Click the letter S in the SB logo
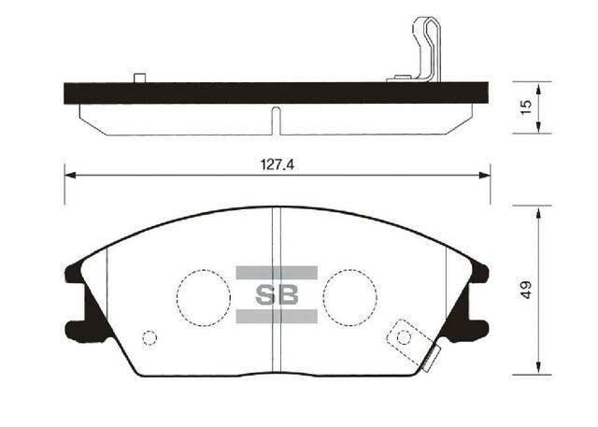click(x=266, y=294)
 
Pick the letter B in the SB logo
click(x=287, y=294)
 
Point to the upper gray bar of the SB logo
click(x=277, y=273)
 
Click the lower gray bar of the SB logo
click(x=277, y=317)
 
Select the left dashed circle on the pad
click(x=204, y=295)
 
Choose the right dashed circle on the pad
click(x=349, y=295)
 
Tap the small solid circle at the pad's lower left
click(x=148, y=338)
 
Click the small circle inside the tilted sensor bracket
click(x=404, y=336)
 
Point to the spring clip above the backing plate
click(x=421, y=51)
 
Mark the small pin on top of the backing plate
click(x=139, y=78)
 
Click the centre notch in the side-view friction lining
click(x=277, y=119)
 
